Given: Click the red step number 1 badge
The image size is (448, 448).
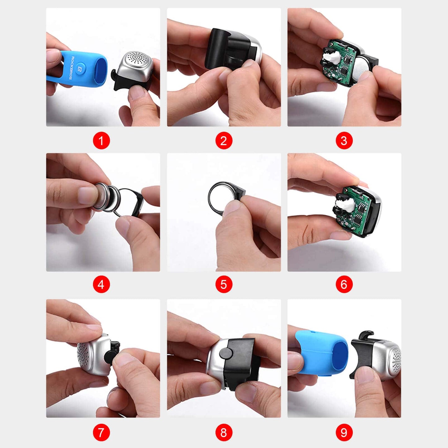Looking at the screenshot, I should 101,141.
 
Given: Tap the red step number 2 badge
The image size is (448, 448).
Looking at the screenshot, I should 224,141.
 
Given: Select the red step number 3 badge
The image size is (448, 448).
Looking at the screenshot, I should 344,141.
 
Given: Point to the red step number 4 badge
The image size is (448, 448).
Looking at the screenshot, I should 101,284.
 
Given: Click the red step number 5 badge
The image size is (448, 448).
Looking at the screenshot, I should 224,284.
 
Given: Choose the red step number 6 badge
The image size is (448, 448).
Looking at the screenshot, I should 344,284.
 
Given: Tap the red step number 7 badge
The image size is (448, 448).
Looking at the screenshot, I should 101,432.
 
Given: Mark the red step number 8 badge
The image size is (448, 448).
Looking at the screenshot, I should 224,432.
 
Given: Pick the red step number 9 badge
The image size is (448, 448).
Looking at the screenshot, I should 344,432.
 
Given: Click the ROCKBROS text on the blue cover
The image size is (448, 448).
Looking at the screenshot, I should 71,68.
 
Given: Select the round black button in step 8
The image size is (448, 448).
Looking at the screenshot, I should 226,353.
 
